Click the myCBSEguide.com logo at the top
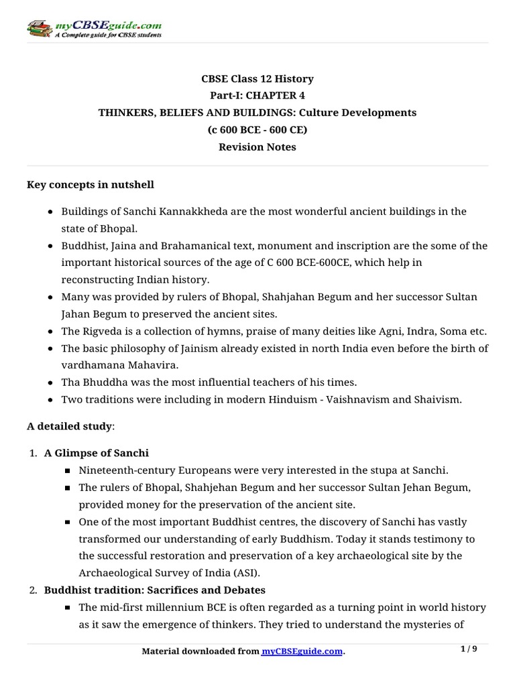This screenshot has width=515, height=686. pos(93,28)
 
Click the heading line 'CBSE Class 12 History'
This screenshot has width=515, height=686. pos(257,79)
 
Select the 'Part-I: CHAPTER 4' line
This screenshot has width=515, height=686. pos(257,96)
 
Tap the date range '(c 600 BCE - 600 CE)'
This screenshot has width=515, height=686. pos(257,130)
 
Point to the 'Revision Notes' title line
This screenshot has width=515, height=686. pos(257,147)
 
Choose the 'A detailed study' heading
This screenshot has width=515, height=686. pos(70,426)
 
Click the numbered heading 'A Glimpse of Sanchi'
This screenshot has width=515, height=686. pos(96,453)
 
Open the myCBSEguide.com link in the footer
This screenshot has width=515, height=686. pos(302,651)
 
